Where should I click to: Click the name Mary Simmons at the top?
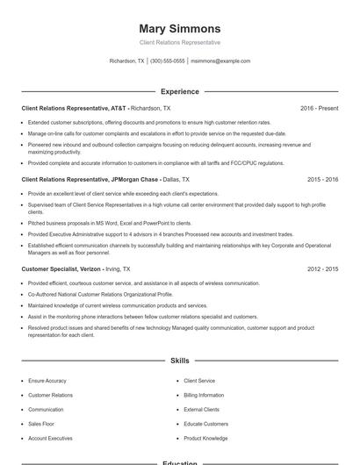pos(179,28)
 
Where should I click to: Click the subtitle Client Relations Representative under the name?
pos(179,42)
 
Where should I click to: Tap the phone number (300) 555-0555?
pos(167,61)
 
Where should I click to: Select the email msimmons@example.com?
pos(220,61)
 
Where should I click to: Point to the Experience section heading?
pos(179,91)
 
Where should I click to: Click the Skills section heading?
pos(179,361)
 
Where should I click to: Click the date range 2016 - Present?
pos(319,108)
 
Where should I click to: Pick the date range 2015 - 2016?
pos(322,179)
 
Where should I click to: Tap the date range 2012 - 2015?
pos(322,269)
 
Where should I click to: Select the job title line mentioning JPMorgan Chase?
pos(97,179)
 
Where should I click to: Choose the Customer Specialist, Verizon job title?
pos(76,269)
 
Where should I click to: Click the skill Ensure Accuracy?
pos(47,381)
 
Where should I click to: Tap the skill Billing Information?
pos(204,395)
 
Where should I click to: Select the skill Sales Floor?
pos(41,424)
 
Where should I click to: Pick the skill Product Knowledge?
pos(205,438)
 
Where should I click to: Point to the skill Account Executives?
pos(50,438)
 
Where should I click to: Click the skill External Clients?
pos(201,410)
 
